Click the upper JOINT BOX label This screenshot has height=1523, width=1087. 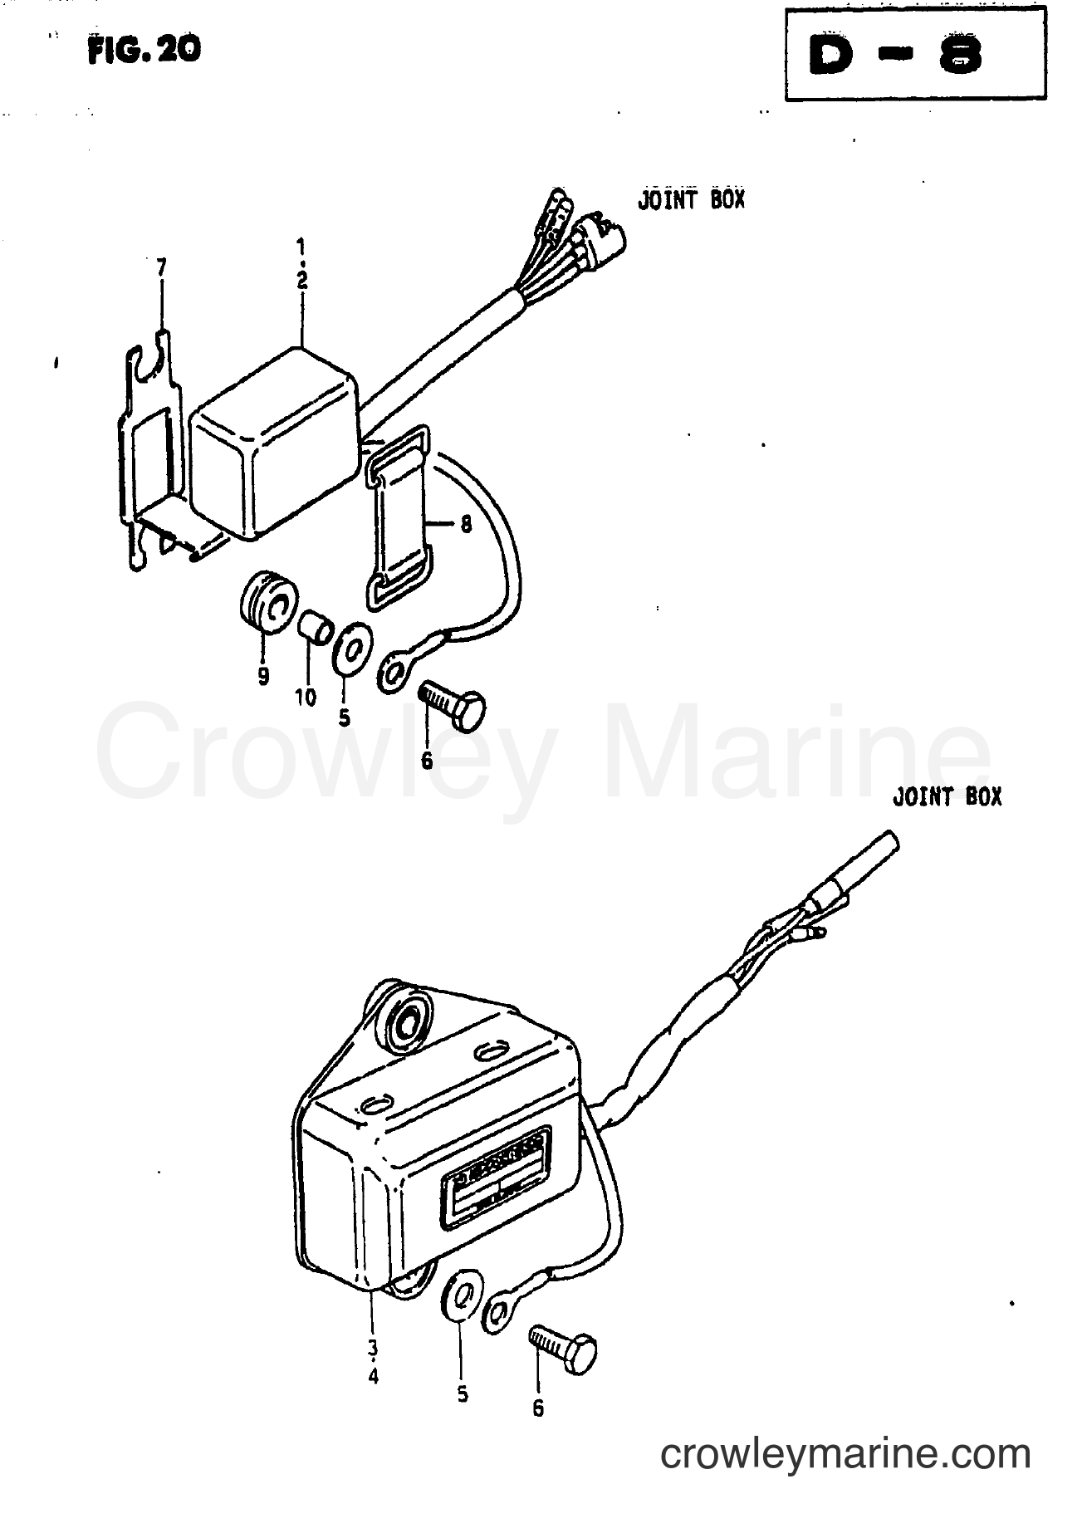(691, 200)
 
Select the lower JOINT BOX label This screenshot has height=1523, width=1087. (947, 797)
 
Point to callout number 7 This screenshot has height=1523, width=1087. (161, 267)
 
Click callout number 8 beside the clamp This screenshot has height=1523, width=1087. (465, 525)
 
